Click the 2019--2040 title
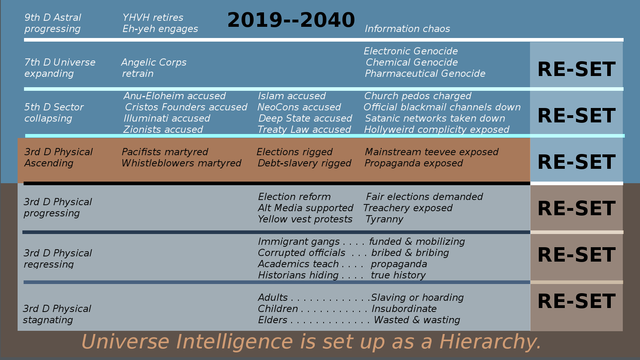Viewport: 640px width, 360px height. point(291,20)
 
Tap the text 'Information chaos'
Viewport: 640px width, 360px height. point(407,28)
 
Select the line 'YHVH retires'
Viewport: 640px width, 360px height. point(153,18)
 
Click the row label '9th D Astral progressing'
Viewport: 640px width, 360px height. point(52,23)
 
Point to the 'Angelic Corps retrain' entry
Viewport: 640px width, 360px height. point(154,68)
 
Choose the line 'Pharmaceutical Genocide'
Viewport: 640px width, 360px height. point(425,74)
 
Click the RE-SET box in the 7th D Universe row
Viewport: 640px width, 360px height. point(576,65)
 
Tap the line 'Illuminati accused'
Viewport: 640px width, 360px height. point(166,118)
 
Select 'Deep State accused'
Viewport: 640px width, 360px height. point(305,118)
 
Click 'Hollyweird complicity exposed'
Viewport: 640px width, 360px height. point(436,130)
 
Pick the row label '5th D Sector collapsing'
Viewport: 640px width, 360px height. point(54,112)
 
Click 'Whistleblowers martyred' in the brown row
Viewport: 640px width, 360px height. point(182,163)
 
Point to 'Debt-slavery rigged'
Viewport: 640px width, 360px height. point(304,163)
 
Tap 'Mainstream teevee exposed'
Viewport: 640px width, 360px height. point(432,152)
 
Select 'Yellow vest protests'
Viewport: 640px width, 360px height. point(305,219)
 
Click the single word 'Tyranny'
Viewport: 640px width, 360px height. point(384,219)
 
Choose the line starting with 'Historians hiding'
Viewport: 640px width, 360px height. point(342,275)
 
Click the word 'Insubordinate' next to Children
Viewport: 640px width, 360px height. point(404,308)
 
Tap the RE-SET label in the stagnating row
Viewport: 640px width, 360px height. point(576,302)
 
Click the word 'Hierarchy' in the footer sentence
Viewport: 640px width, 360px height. point(490,342)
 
